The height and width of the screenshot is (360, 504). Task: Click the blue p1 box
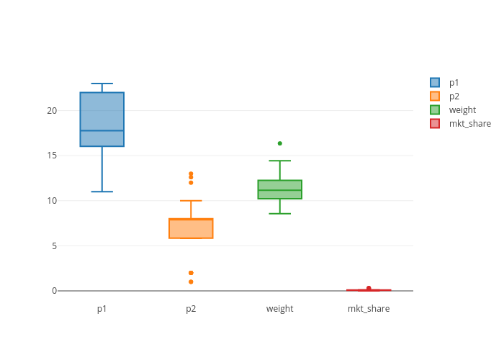pos(102,120)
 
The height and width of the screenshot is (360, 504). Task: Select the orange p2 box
pos(191,228)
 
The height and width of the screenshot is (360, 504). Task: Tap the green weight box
pos(280,189)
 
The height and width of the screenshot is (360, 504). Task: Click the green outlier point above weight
pos(280,143)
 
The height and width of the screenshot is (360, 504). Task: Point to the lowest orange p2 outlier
pos(191,282)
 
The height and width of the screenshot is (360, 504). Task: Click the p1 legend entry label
pos(454,83)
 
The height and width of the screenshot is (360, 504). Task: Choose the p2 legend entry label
pos(454,96)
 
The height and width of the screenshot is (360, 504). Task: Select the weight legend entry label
pos(462,110)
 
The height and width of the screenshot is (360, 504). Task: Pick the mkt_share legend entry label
pos(469,124)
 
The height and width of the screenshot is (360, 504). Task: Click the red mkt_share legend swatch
pos(435,124)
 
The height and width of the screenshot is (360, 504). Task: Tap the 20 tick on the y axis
pos(52,111)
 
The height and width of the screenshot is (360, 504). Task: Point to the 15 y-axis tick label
pos(52,156)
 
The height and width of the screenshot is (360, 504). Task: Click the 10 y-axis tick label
pos(52,201)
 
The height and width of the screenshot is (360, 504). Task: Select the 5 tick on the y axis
pos(54,246)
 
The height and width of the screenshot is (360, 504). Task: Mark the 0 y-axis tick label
pos(54,291)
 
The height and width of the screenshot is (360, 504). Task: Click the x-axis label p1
pos(102,309)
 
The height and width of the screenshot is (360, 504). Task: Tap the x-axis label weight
pos(280,309)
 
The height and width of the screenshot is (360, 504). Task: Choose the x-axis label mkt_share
pos(369,309)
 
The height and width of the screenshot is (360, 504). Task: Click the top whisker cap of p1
pos(102,84)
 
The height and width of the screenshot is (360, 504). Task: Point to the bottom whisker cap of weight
pos(280,214)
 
